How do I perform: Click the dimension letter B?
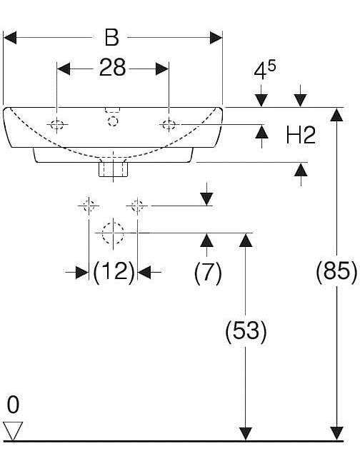(111, 38)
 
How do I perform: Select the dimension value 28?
(112, 68)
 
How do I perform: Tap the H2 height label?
(301, 135)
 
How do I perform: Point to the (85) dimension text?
(337, 271)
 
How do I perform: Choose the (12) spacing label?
(114, 271)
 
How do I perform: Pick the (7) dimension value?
(208, 272)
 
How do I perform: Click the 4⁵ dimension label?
(265, 70)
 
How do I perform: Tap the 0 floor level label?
(14, 405)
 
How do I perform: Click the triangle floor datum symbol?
(13, 431)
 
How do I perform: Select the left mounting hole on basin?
(57, 124)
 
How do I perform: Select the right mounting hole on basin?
(169, 124)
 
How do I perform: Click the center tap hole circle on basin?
(113, 121)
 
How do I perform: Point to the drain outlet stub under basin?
(114, 169)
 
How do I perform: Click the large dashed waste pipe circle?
(113, 233)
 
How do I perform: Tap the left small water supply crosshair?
(89, 206)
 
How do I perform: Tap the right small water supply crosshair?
(137, 206)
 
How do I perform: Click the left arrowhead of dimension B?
(9, 38)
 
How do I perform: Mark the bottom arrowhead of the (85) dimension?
(337, 434)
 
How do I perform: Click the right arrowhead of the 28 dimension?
(162, 69)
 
